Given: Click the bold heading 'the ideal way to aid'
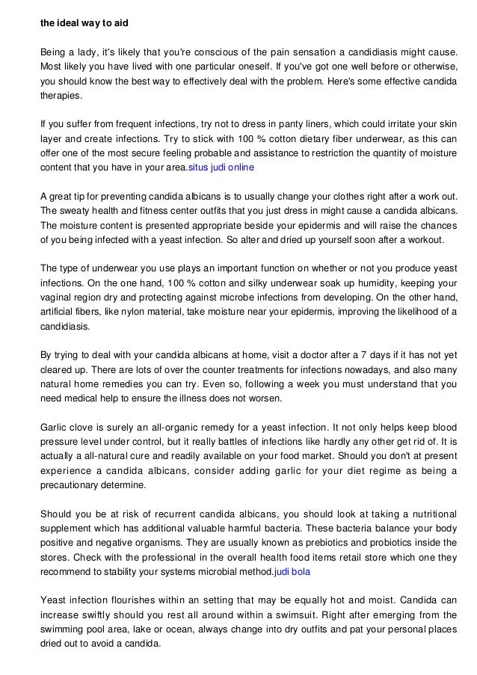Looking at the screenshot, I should (x=84, y=24).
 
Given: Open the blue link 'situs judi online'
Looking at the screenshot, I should (x=224, y=167).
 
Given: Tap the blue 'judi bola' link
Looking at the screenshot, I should (x=292, y=571).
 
